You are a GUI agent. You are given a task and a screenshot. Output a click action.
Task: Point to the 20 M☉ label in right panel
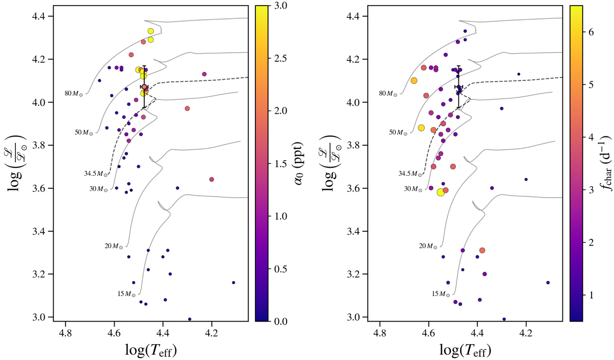click(428, 246)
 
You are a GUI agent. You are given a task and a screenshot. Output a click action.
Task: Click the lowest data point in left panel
click(190, 319)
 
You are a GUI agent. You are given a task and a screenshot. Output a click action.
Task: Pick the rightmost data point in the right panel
click(548, 282)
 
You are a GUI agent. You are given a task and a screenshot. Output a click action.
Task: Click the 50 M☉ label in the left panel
click(83, 132)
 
